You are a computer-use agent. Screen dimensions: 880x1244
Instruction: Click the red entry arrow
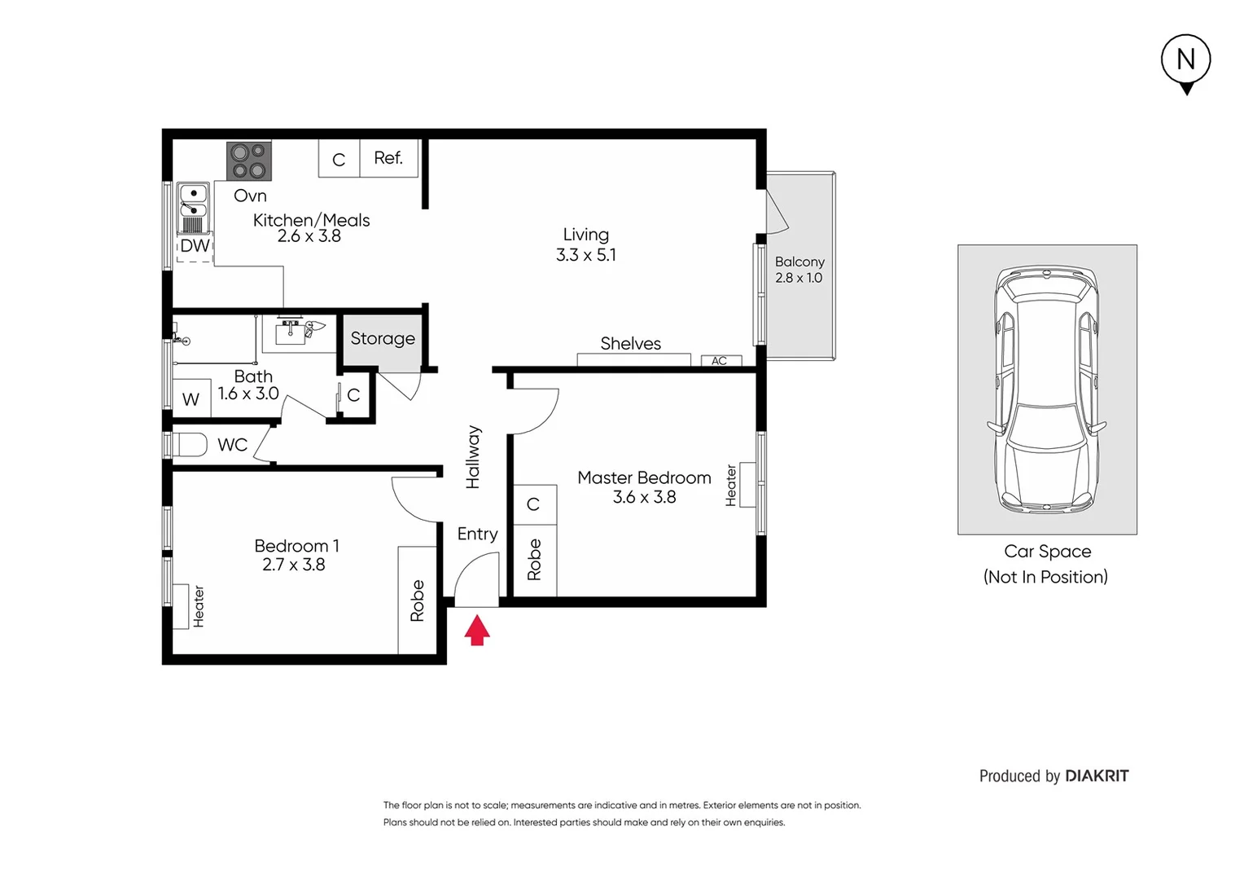(x=477, y=631)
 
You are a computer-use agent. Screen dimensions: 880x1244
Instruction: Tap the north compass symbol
(x=1185, y=61)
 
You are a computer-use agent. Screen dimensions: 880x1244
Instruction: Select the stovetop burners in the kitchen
(x=248, y=161)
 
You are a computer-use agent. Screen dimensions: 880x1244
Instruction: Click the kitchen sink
(x=193, y=200)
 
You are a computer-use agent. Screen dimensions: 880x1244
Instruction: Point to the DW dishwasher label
(x=195, y=246)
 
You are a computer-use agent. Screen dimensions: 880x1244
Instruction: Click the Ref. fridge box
(x=388, y=158)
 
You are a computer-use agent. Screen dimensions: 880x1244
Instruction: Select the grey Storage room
(x=382, y=339)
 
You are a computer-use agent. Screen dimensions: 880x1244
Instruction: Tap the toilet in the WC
(x=189, y=445)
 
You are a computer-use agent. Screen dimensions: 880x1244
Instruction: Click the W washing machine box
(x=191, y=399)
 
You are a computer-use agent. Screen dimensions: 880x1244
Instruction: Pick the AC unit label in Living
(x=720, y=361)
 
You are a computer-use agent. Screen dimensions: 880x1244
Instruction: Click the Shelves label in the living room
(x=630, y=344)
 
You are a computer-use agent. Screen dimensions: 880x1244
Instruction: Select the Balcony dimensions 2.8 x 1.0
(x=799, y=278)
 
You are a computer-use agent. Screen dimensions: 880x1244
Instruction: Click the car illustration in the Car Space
(x=1047, y=389)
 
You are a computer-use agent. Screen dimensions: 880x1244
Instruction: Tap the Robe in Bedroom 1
(x=417, y=601)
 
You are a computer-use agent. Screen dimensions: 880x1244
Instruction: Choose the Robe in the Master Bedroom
(x=534, y=560)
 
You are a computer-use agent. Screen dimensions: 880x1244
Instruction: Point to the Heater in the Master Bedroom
(x=731, y=485)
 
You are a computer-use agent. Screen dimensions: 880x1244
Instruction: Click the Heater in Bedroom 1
(x=198, y=606)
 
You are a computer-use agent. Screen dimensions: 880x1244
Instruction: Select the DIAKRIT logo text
(x=1097, y=777)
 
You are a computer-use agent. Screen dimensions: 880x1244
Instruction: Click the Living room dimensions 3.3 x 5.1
(x=585, y=255)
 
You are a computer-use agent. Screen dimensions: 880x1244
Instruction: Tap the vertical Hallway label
(x=473, y=457)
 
